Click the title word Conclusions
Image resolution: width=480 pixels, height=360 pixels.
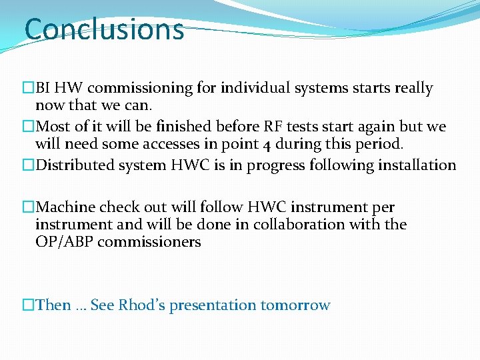pos(104,29)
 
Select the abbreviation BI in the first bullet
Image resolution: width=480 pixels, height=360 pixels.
pos(43,88)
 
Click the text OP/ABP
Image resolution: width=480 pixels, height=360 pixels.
pos(64,242)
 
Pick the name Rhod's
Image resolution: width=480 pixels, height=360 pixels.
pos(141,305)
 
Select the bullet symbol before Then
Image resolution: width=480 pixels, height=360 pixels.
pos(28,305)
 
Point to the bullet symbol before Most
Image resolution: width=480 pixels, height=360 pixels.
pos(28,127)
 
